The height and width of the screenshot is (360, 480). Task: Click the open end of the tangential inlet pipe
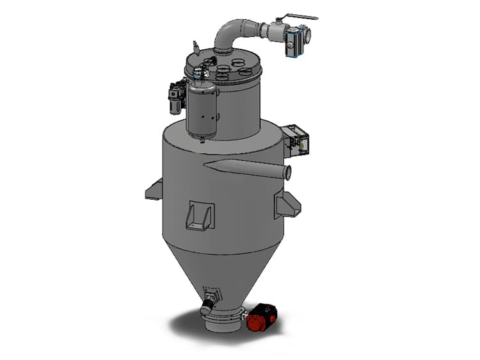[287, 172]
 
